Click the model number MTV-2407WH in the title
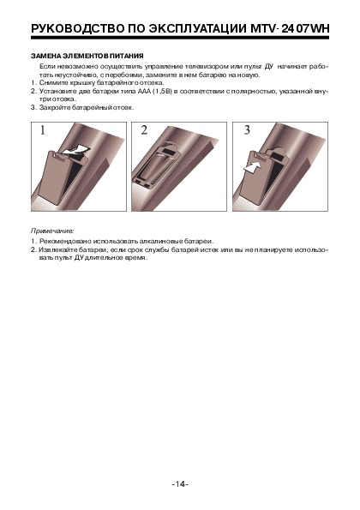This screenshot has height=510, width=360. [x=290, y=29]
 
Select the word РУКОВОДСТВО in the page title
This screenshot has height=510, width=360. [x=77, y=29]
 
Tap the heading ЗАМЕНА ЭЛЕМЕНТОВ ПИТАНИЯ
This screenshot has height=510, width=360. [x=87, y=56]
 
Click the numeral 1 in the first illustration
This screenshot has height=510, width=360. [x=43, y=130]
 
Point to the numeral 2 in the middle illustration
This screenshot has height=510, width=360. [x=144, y=130]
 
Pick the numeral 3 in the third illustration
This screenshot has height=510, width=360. [x=247, y=130]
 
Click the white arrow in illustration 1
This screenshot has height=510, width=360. [x=75, y=150]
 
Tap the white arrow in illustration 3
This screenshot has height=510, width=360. [x=252, y=169]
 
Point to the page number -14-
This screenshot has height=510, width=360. [x=180, y=484]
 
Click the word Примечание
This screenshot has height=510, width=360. [x=52, y=231]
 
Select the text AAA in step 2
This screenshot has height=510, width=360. [x=144, y=91]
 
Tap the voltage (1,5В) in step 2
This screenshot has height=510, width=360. [x=163, y=92]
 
